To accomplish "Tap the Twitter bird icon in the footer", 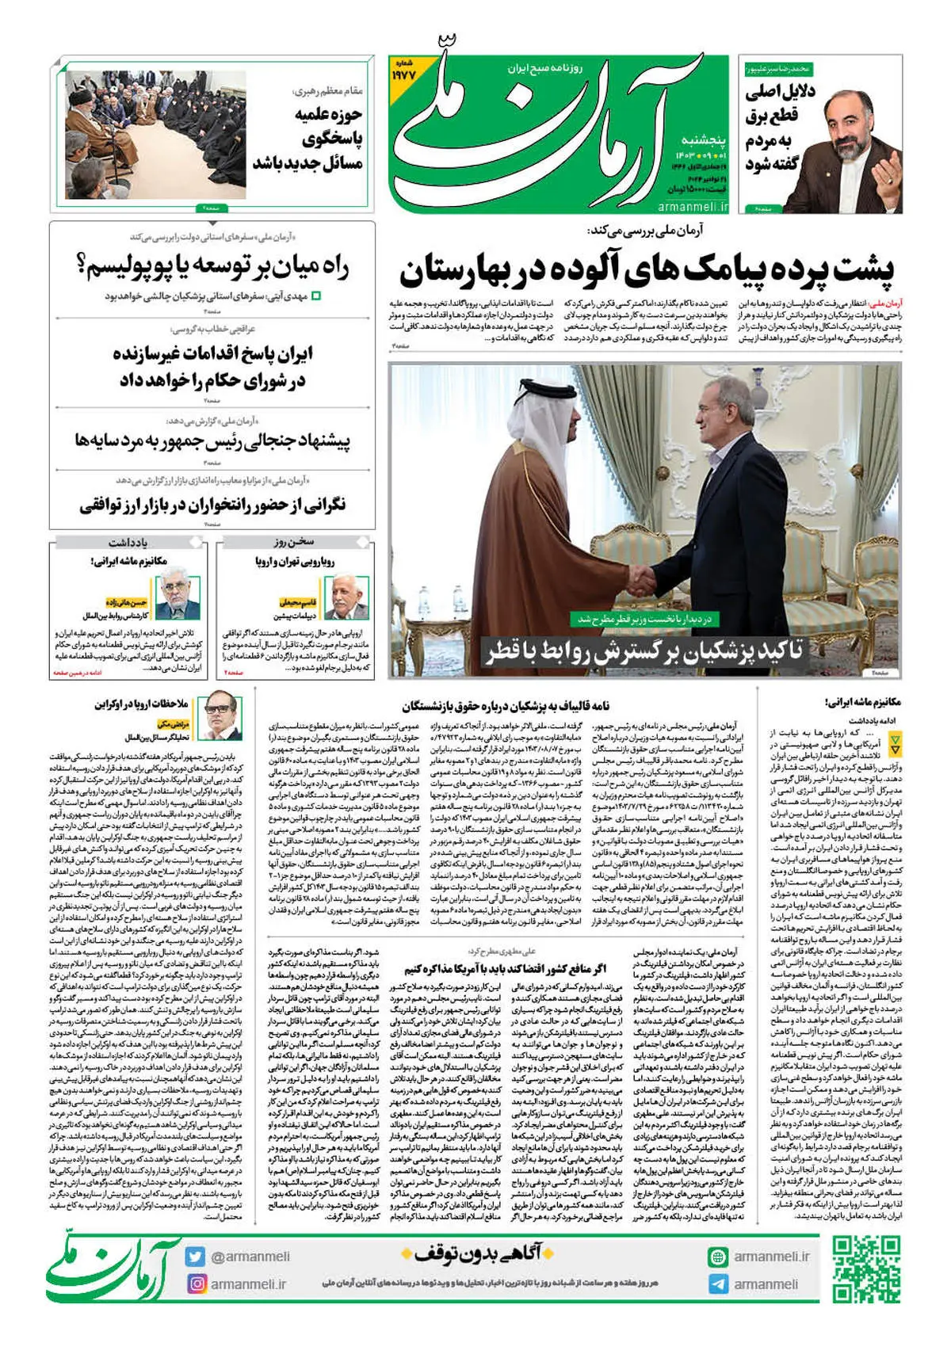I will (x=196, y=1257).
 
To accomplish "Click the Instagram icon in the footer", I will (x=196, y=1284).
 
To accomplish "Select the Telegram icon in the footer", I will (x=718, y=1284).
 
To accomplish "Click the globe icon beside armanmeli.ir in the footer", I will (x=718, y=1257).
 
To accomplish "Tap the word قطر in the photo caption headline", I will (x=503, y=652).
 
